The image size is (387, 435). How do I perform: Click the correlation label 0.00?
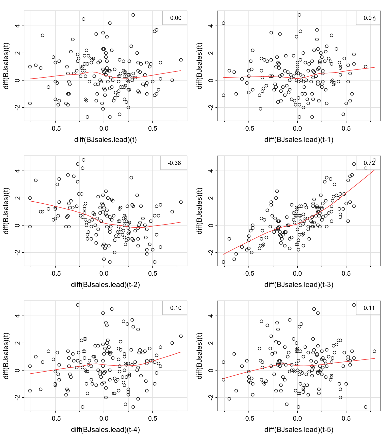click(176, 18)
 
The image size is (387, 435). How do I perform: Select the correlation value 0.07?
click(369, 18)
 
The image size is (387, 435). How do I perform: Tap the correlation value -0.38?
click(174, 163)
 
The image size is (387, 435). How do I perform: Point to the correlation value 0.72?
click(369, 163)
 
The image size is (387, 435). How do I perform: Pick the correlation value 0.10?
click(176, 308)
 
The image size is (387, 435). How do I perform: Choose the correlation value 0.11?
click(369, 308)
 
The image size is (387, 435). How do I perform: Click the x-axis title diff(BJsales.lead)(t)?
click(105, 139)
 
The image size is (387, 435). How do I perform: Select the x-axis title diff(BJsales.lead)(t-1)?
click(299, 139)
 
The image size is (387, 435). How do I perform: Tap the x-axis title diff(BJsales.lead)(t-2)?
click(105, 284)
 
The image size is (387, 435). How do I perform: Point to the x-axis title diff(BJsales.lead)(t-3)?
click(299, 284)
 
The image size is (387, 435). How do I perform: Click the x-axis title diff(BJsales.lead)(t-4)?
click(105, 429)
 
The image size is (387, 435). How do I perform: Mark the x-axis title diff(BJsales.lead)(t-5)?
click(299, 429)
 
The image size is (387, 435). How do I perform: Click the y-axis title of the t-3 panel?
click(200, 211)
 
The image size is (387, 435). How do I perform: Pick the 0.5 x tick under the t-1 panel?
click(346, 129)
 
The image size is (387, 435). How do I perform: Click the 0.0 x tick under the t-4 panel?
click(104, 419)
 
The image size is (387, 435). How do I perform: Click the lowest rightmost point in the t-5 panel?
click(366, 407)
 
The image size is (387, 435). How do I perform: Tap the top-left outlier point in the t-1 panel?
click(223, 23)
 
